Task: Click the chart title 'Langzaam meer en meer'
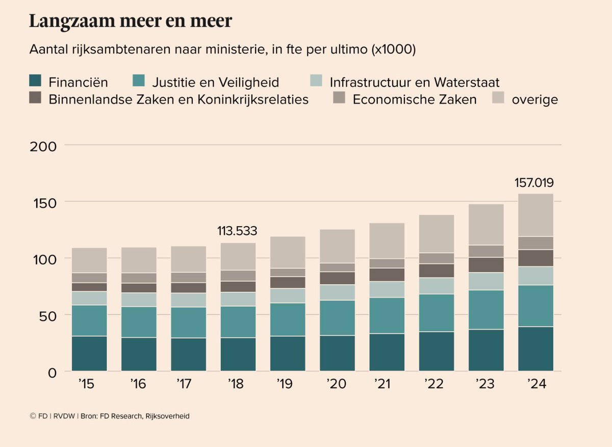tap(131, 21)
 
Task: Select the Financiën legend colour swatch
tap(35, 81)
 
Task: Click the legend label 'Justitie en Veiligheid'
tap(215, 82)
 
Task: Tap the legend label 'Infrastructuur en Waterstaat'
tap(414, 82)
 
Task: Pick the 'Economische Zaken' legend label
tap(414, 99)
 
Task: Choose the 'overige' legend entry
tap(534, 100)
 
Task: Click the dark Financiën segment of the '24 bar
tap(535, 349)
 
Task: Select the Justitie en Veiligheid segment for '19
tap(288, 319)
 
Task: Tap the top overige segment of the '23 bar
tap(486, 225)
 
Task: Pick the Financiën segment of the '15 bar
tap(89, 353)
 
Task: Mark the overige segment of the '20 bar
tap(337, 246)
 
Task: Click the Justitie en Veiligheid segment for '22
tap(437, 313)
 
